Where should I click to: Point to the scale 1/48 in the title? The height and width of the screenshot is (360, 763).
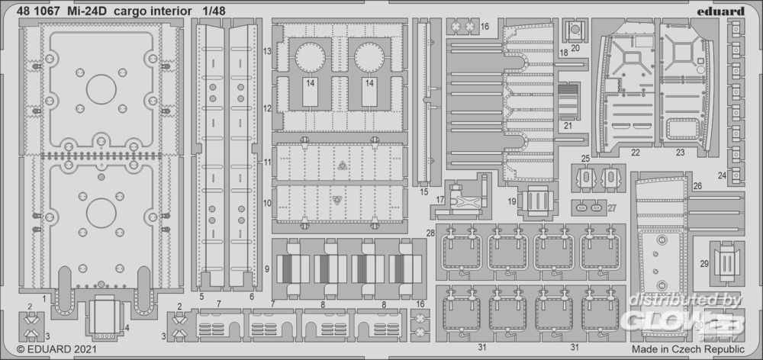(x=214, y=11)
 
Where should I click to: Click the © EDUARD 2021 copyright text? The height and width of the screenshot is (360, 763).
(x=56, y=349)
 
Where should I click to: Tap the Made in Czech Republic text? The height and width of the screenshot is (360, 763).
(x=688, y=349)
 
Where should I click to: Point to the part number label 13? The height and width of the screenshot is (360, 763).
(x=267, y=51)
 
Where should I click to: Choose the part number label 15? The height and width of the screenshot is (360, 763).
(x=423, y=191)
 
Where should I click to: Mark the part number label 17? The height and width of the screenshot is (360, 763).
(x=440, y=200)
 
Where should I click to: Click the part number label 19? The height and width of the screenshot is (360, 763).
(x=511, y=201)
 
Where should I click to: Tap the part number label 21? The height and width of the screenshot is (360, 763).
(x=568, y=125)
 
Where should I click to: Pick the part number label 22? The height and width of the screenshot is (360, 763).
(x=636, y=153)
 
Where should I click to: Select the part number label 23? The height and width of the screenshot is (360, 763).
(x=680, y=153)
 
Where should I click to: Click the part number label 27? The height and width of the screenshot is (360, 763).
(x=612, y=207)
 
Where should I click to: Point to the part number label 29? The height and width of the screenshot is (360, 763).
(x=704, y=264)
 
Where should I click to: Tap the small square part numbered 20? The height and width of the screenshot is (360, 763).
(x=575, y=31)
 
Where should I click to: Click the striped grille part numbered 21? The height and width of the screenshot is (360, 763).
(x=568, y=101)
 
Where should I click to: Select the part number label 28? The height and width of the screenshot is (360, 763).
(x=430, y=233)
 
